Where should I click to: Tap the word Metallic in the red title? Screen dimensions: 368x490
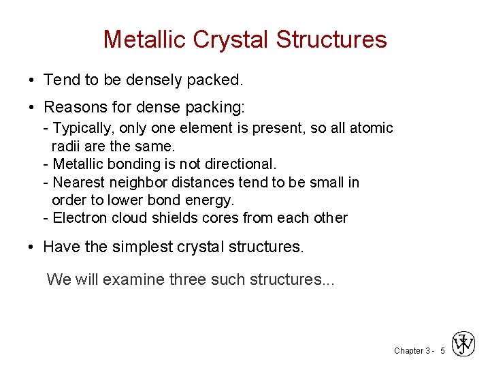pyautogui.click(x=145, y=40)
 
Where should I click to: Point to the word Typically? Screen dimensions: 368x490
pyautogui.click(x=81, y=128)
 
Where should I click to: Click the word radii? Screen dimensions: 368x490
pyautogui.click(x=66, y=146)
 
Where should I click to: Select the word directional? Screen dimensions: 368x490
pyautogui.click(x=243, y=164)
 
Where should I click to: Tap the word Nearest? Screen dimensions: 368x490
pyautogui.click(x=78, y=183)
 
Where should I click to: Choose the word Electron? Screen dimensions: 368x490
pyautogui.click(x=80, y=218)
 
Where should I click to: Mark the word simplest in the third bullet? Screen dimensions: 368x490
pyautogui.click(x=142, y=247)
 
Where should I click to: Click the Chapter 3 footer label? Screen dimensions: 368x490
pyautogui.click(x=412, y=351)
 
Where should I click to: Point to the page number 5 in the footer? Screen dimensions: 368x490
pyautogui.click(x=442, y=351)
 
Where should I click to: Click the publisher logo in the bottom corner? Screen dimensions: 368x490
pyautogui.click(x=464, y=345)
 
